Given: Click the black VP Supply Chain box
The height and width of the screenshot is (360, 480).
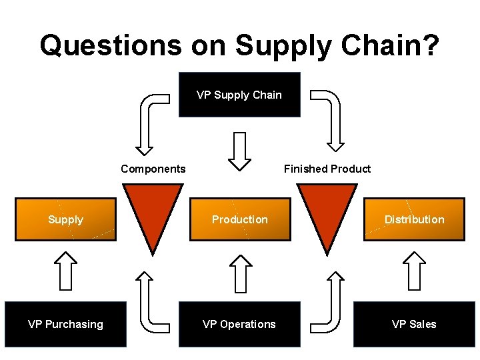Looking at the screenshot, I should coord(239,95).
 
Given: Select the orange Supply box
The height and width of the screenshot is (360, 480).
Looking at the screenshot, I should coord(65,219).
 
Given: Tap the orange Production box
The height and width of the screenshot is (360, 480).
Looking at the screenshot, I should coord(240,219).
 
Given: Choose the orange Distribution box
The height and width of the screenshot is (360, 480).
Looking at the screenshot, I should coord(414,219).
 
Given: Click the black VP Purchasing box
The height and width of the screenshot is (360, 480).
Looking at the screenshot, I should coord(65,324).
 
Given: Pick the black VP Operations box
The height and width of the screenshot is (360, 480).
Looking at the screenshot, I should coord(239,324).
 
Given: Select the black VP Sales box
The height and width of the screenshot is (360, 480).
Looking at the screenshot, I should coord(414,324).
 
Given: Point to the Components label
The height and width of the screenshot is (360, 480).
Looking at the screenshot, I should coord(153,169).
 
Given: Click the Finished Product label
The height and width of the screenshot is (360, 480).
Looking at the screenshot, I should coord(327,169).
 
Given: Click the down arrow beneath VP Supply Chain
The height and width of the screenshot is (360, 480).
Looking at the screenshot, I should coord(239,151).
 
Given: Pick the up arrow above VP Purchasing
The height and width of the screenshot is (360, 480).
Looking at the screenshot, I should coord(65,270).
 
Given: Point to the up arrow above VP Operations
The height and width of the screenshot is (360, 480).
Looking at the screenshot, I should coord(239,270).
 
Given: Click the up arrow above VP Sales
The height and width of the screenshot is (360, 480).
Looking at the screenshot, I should coord(415,270).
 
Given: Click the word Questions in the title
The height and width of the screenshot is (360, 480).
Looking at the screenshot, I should coord(110,45).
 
